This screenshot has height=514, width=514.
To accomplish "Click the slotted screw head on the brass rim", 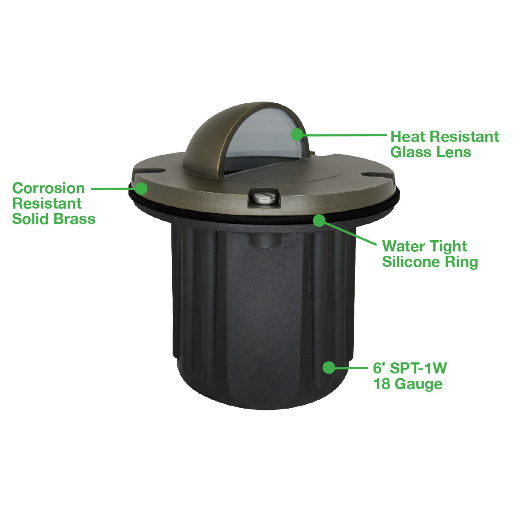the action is click(263, 197).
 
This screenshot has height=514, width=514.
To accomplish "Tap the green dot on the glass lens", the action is click(297, 134).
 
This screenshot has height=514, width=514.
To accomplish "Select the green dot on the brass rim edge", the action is click(141, 188).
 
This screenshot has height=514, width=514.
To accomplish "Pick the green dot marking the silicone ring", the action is click(319, 220).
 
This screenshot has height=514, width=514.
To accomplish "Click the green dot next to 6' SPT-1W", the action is click(329, 368).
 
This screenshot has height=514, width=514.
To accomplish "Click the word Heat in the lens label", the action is click(408, 137).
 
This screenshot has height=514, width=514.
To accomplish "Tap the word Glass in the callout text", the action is click(408, 152).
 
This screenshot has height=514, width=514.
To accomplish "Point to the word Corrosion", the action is click(48, 188).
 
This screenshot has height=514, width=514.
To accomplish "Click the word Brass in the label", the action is click(75, 219).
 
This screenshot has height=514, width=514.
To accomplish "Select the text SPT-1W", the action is click(418, 368).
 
